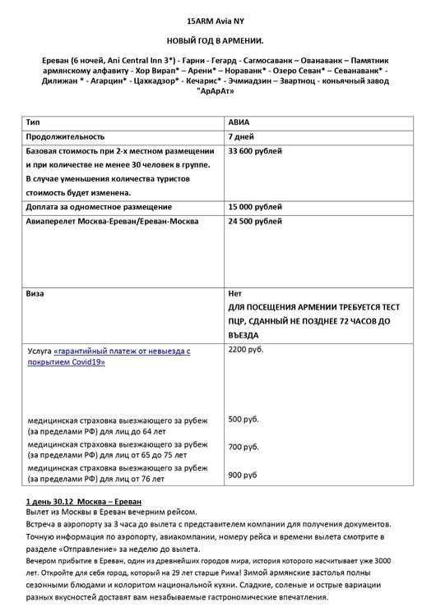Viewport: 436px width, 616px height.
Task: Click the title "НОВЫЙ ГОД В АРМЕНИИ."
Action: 217,40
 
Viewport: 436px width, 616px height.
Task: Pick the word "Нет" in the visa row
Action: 235,293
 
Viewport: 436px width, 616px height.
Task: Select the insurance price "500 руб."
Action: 243,420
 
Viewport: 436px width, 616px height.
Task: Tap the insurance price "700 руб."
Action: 243,447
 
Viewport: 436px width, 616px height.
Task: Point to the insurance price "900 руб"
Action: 242,475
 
